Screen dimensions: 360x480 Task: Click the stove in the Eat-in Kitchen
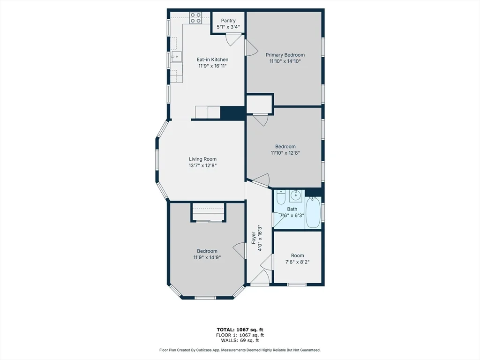point(196,18)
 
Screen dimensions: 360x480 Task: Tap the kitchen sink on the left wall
point(176,57)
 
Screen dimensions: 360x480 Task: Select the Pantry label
point(228,21)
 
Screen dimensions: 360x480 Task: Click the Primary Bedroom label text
point(285,55)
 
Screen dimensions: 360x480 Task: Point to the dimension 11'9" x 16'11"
point(212,66)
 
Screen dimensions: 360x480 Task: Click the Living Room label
point(202,159)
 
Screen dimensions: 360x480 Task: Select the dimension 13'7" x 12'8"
point(202,165)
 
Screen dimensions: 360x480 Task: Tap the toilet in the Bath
point(281,198)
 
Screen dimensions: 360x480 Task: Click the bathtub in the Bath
point(313,213)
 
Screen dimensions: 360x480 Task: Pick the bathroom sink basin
point(295,195)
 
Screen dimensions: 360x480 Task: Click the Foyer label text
point(254,238)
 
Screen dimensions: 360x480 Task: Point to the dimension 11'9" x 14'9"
point(207,257)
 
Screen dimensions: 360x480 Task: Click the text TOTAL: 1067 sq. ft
point(240,330)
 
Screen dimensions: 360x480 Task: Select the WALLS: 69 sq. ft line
point(240,341)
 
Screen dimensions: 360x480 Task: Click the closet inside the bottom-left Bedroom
point(208,212)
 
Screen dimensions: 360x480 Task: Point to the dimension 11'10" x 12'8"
point(285,152)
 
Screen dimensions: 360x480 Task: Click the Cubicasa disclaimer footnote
point(240,350)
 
